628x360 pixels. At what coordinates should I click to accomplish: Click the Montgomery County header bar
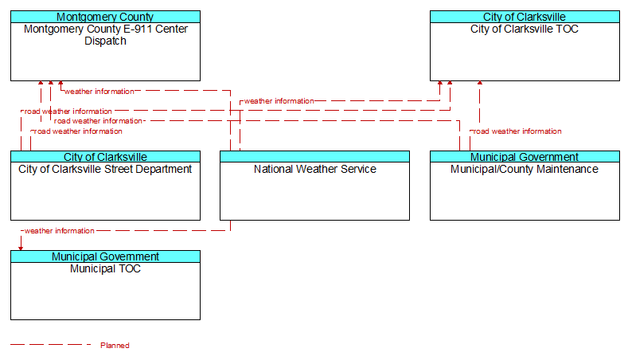tap(105, 17)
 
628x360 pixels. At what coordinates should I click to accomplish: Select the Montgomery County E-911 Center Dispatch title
tap(105, 35)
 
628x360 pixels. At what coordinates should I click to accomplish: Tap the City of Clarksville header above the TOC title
tap(525, 17)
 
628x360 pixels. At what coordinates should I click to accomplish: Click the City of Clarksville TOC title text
tap(525, 29)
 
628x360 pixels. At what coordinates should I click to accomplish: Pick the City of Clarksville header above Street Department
tap(105, 157)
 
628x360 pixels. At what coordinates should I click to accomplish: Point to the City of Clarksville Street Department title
tap(105, 169)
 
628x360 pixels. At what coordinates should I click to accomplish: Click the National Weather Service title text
tap(315, 169)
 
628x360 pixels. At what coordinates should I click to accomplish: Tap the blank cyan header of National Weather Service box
tap(315, 157)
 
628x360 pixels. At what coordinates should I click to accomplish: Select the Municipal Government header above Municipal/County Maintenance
tap(525, 157)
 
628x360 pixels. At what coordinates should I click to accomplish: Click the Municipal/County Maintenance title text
tap(525, 169)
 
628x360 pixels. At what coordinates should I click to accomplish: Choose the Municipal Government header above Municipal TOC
tap(105, 256)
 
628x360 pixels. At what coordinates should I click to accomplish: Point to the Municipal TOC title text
tap(105, 268)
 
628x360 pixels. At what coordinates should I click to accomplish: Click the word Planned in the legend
tap(115, 346)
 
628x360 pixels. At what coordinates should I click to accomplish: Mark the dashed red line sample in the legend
tap(50, 344)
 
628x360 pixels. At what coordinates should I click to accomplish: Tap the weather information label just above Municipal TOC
tap(59, 231)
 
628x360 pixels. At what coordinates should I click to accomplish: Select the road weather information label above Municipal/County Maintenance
tap(517, 131)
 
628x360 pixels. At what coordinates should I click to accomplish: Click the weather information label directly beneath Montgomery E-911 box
tap(99, 92)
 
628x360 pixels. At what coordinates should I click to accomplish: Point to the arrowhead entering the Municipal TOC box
tap(21, 248)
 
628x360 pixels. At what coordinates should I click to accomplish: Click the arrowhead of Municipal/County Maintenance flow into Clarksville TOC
tap(479, 83)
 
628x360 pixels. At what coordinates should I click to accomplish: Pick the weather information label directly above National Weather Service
tap(279, 101)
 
